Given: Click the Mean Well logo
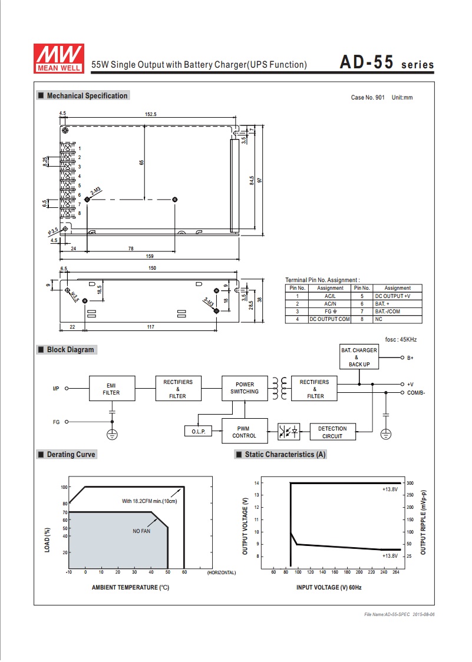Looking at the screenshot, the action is pyautogui.click(x=59, y=58).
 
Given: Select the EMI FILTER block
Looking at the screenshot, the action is pyautogui.click(x=112, y=388).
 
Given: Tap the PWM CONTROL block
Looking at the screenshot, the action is pyautogui.click(x=245, y=431).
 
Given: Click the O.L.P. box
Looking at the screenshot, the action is pyautogui.click(x=198, y=431).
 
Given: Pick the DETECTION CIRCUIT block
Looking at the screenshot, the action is pyautogui.click(x=332, y=432).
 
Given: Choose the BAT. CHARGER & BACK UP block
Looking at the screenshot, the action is pyautogui.click(x=359, y=357).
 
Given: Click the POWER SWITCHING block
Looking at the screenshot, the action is pyautogui.click(x=245, y=388).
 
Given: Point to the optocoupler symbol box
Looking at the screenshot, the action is pyautogui.click(x=289, y=432).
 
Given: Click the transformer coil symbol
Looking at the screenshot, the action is pyautogui.click(x=279, y=388).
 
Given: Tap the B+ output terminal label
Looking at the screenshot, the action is pyautogui.click(x=410, y=358).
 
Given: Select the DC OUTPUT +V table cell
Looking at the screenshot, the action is pyautogui.click(x=392, y=296).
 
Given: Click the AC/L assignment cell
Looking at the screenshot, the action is pyautogui.click(x=330, y=296).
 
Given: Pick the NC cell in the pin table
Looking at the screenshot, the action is pyautogui.click(x=379, y=319).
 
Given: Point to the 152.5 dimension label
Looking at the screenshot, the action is pyautogui.click(x=151, y=114).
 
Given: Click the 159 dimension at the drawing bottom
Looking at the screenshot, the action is pyautogui.click(x=150, y=256).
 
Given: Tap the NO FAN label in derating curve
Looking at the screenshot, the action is pyautogui.click(x=141, y=531).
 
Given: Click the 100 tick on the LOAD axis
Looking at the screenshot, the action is pyautogui.click(x=64, y=487).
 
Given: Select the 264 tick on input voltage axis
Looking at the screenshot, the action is pyautogui.click(x=396, y=572).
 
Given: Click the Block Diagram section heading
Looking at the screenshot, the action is pyautogui.click(x=71, y=350).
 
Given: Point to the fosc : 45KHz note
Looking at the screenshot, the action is pyautogui.click(x=401, y=339).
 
